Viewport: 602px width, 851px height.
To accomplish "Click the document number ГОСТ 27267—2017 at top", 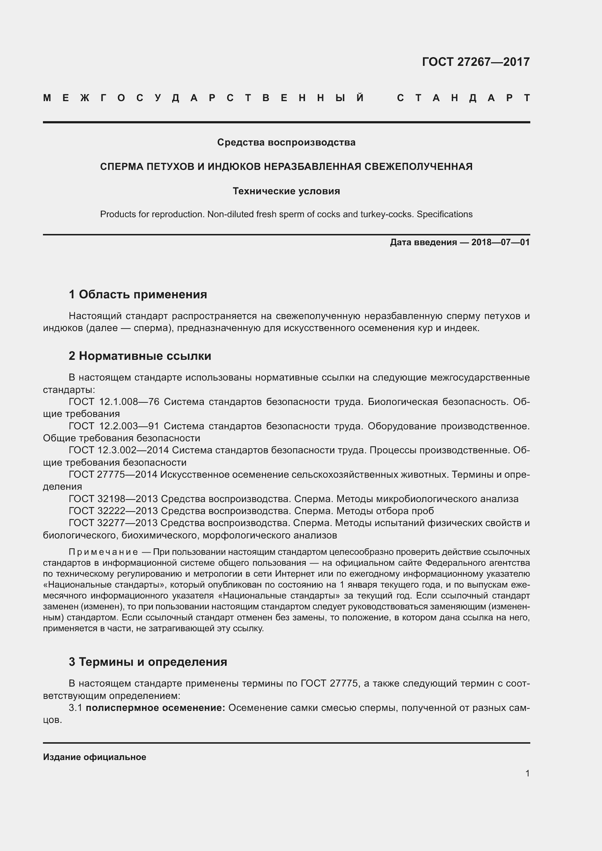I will tap(476, 61).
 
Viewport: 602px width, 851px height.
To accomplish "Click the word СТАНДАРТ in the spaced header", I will tap(463, 98).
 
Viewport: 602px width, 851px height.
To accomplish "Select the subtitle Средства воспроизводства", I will tap(286, 142).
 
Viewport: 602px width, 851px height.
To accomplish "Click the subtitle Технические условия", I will tap(286, 191).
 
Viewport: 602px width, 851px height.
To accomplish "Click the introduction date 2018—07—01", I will tap(500, 242).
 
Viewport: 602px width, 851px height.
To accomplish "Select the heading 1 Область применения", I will tap(138, 294).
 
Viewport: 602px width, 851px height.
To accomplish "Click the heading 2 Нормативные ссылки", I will tap(140, 356).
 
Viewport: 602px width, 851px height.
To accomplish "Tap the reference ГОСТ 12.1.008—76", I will tap(114, 402).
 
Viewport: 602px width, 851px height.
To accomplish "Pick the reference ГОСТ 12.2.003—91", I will tap(114, 426).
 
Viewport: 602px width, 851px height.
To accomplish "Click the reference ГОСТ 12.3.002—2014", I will tap(119, 450).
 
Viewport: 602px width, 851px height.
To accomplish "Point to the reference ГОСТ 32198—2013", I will tap(114, 499).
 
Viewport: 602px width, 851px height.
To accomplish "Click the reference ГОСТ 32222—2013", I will tap(114, 511).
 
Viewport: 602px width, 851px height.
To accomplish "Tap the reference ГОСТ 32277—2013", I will tap(114, 523).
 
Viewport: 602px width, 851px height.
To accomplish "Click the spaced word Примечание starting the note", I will tap(103, 552).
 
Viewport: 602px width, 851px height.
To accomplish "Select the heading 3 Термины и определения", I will tap(147, 661).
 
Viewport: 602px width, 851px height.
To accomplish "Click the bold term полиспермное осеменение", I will tap(155, 708).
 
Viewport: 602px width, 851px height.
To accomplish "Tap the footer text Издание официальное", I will tap(95, 757).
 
